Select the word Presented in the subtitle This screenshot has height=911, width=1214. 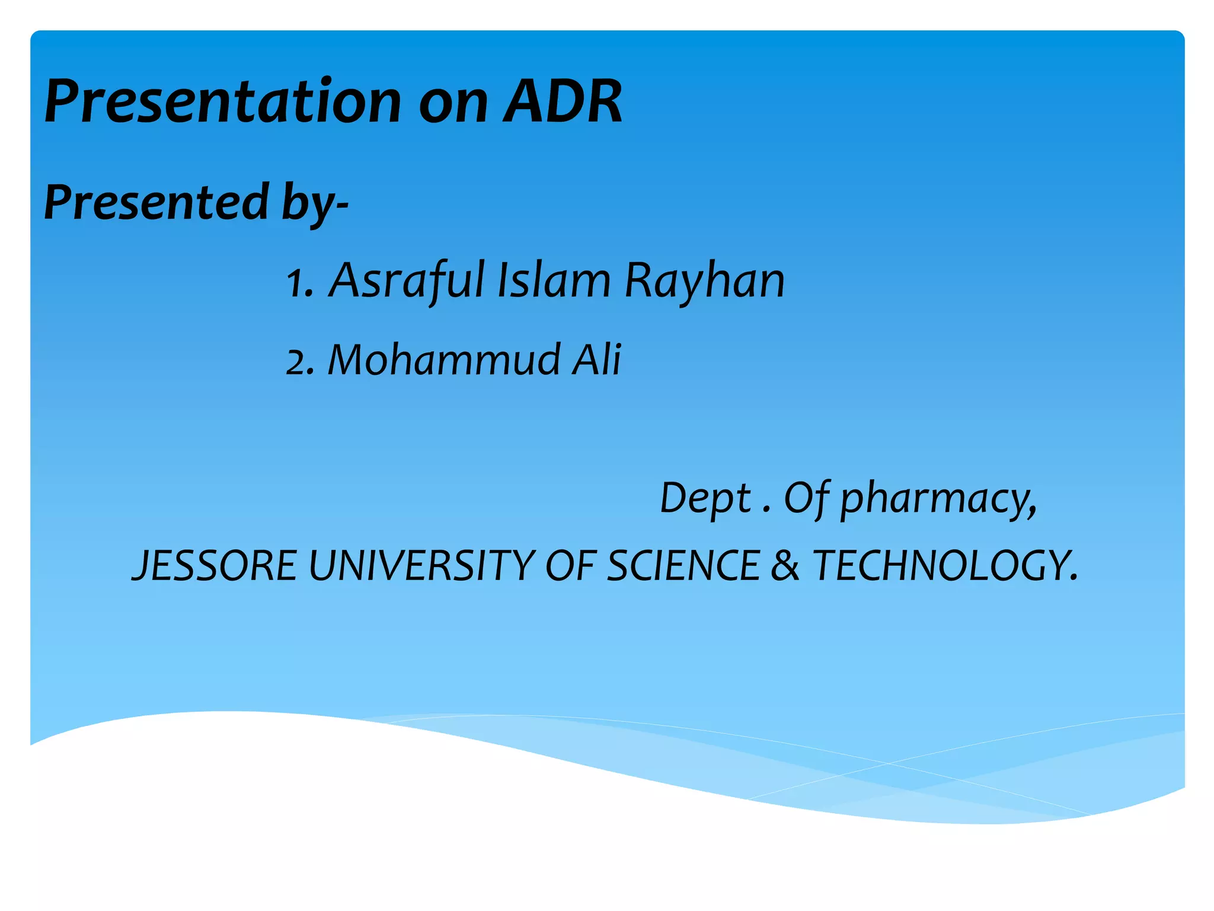click(156, 203)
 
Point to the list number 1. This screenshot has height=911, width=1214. click(298, 282)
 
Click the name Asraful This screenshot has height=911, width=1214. click(407, 280)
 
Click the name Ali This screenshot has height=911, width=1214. click(596, 359)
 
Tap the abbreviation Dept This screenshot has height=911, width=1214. click(705, 498)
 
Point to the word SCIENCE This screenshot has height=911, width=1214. click(683, 565)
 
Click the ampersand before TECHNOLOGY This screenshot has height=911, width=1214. click(785, 565)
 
